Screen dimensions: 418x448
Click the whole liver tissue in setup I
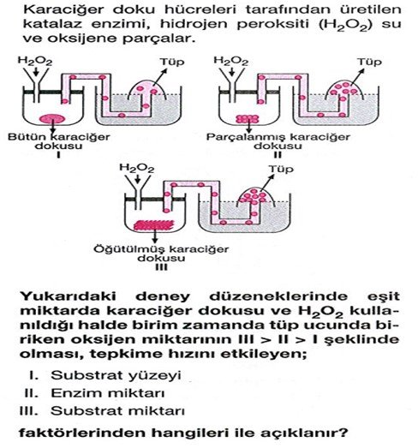pyautogui.click(x=51, y=118)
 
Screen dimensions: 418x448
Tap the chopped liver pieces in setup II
pyautogui.click(x=248, y=119)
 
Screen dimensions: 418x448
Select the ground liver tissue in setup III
pyautogui.click(x=154, y=225)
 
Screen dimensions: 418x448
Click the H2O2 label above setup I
pyautogui.click(x=35, y=61)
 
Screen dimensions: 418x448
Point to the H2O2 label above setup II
pyautogui.click(x=231, y=61)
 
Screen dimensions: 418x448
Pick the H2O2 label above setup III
pyautogui.click(x=136, y=168)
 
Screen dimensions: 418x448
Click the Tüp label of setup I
pyautogui.click(x=171, y=62)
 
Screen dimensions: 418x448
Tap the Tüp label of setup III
pyautogui.click(x=281, y=169)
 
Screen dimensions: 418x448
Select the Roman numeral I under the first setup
pyautogui.click(x=58, y=155)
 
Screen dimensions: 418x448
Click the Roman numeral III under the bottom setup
pyautogui.click(x=161, y=267)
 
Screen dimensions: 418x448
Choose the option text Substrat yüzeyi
pyautogui.click(x=116, y=375)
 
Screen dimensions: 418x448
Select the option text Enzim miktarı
pyautogui.click(x=108, y=393)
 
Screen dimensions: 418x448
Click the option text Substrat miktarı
pyautogui.click(x=117, y=411)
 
